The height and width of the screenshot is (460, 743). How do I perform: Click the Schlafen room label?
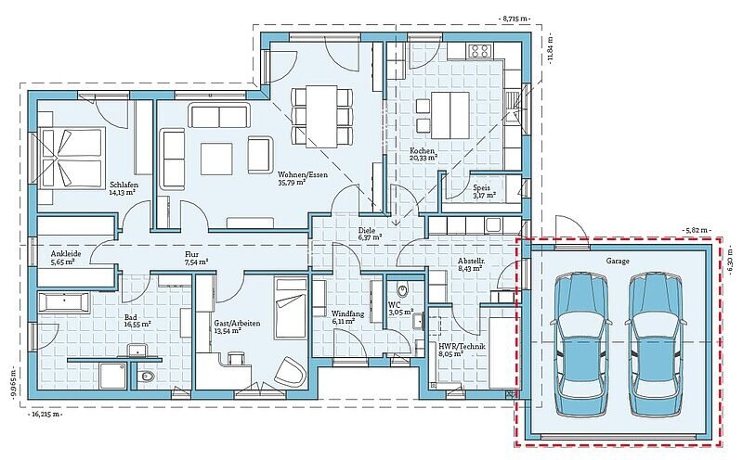click(124, 185)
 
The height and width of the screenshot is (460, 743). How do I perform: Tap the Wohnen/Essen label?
click(303, 174)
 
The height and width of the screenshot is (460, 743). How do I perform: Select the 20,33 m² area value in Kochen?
click(424, 159)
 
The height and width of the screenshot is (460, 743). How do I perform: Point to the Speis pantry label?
click(481, 187)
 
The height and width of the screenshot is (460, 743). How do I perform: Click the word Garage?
click(618, 261)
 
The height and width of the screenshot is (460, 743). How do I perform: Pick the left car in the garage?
click(581, 337)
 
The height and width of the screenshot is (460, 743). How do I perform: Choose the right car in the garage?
click(656, 337)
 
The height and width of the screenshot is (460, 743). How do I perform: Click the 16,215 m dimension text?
click(46, 415)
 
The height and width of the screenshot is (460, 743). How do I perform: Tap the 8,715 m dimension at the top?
click(515, 19)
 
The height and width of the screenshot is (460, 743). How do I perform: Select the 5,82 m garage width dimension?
click(696, 230)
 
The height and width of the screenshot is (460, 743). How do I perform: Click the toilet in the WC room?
click(403, 287)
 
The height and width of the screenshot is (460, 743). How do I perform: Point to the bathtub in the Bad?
click(63, 303)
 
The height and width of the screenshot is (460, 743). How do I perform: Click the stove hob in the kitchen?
click(478, 50)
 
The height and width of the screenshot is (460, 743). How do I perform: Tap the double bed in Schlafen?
click(72, 159)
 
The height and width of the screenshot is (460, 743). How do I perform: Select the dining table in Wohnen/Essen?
click(321, 117)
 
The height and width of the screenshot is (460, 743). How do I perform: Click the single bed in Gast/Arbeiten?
click(291, 310)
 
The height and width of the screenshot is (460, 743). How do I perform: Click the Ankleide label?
click(66, 254)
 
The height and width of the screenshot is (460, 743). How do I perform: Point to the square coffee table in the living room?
click(216, 159)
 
